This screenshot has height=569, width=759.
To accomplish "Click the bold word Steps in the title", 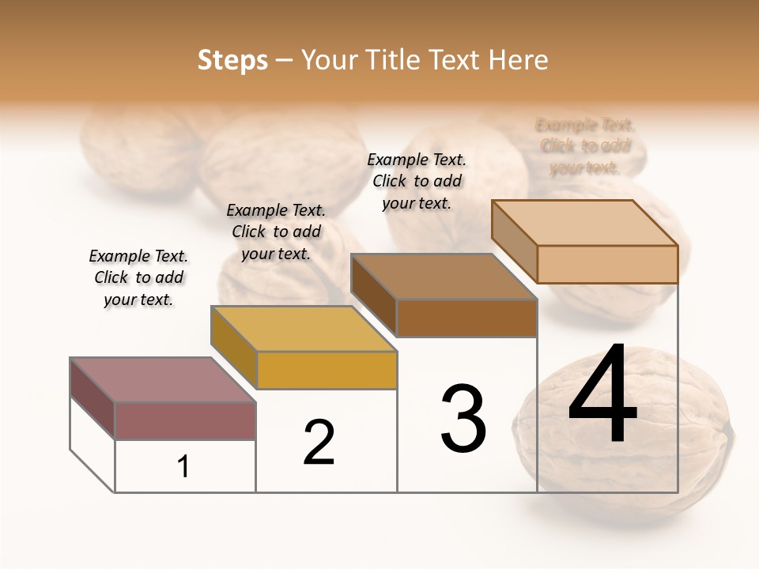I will [232, 60].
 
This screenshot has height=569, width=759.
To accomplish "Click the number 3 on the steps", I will [463, 419].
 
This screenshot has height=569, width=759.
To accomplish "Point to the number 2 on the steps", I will [319, 443].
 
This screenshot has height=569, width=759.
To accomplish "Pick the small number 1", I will [183, 467].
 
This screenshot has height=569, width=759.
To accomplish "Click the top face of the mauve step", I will [162, 380].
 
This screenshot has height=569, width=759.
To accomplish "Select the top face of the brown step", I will [443, 277].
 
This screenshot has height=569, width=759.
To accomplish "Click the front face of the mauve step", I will [185, 420].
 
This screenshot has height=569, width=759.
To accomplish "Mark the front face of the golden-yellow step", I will [327, 370].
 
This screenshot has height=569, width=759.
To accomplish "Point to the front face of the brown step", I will [466, 318].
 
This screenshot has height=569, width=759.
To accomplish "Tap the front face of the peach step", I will [607, 264].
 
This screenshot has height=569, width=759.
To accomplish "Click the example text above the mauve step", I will [138, 277].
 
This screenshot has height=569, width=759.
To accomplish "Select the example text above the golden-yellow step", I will [276, 232].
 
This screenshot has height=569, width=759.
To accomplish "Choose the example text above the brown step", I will [417, 181].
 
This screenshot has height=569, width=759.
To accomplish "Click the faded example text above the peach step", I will [585, 146].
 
